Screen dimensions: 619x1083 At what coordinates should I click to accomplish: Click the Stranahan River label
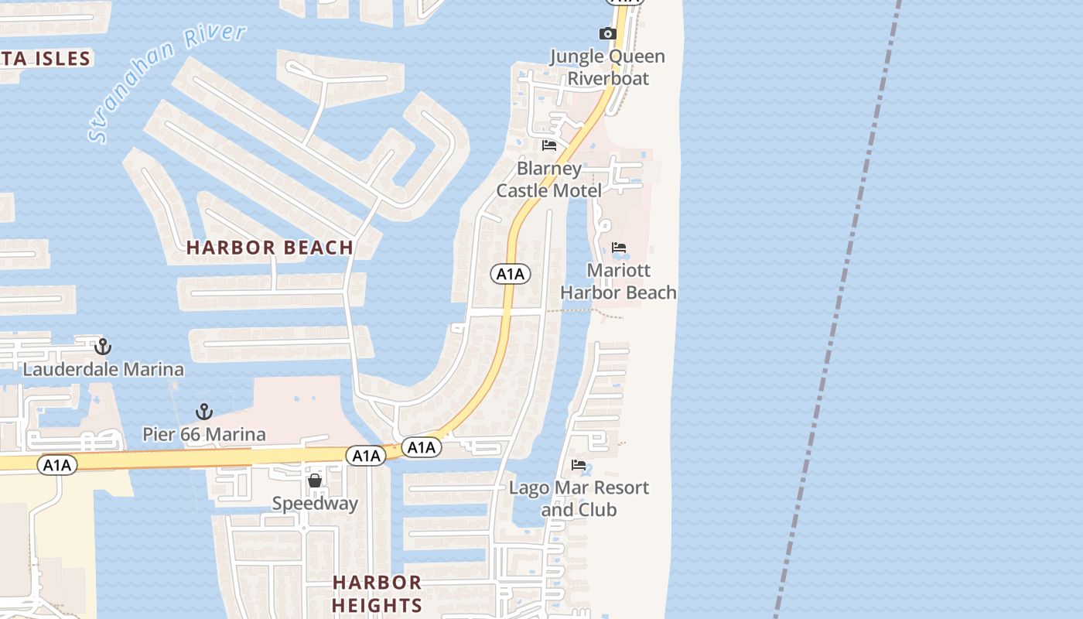tap(167, 83)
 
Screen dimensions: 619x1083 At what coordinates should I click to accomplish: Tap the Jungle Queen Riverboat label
tap(607, 67)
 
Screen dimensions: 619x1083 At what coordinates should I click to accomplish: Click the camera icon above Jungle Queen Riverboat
tap(607, 33)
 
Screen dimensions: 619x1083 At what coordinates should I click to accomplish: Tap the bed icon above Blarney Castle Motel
tap(549, 145)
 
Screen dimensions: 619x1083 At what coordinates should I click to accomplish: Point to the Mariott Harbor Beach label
tap(618, 282)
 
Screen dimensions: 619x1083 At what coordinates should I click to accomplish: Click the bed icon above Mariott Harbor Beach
tap(619, 248)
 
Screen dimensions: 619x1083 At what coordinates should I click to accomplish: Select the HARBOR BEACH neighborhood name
tap(270, 248)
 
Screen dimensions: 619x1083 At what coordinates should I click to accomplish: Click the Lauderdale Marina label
tap(103, 369)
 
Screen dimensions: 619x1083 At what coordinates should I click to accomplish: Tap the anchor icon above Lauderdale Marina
tap(103, 347)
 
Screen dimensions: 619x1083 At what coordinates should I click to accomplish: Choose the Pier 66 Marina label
tap(204, 434)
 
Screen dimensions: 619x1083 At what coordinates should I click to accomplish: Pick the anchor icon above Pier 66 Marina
tap(204, 411)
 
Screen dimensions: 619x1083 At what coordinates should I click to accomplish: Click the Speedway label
tap(315, 504)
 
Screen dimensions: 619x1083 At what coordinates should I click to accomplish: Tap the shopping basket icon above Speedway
tap(315, 480)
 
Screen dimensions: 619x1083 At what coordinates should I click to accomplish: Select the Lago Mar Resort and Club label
tap(579, 498)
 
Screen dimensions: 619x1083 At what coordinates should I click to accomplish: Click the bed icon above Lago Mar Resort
tap(579, 465)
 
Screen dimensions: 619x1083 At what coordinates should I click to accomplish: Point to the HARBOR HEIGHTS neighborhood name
tap(377, 593)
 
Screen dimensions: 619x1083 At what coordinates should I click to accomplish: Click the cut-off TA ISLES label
tap(46, 58)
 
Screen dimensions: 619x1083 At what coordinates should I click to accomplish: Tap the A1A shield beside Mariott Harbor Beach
tap(511, 273)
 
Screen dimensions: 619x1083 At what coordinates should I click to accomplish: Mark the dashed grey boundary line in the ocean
tap(840, 309)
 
